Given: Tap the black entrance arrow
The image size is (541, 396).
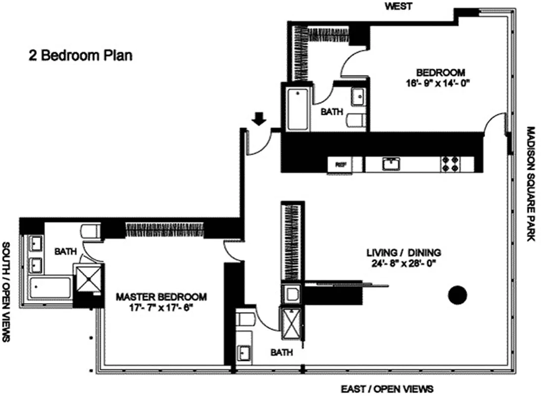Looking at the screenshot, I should [x=259, y=119].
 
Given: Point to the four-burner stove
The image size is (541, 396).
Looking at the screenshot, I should [x=451, y=164].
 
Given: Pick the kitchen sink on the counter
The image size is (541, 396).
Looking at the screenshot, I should [x=394, y=164].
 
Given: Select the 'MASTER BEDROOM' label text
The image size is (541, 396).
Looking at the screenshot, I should [x=161, y=297].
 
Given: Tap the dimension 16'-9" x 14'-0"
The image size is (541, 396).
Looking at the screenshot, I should [x=435, y=83].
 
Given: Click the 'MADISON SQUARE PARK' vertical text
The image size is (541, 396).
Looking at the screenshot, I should [x=531, y=184].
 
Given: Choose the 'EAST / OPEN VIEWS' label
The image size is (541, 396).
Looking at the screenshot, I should [x=387, y=388].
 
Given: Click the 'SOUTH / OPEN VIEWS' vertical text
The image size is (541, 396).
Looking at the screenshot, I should [x=7, y=292].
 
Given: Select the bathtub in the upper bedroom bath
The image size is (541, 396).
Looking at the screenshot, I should [x=297, y=109].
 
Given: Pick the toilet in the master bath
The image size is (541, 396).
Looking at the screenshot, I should [x=90, y=231].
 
